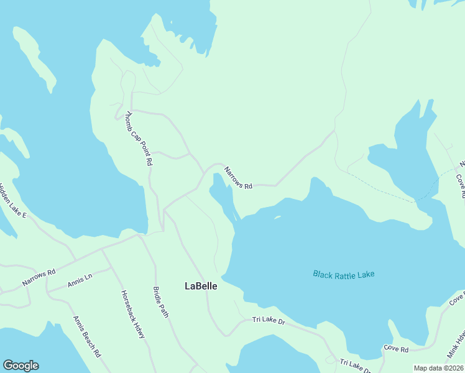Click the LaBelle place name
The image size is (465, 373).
[201, 286]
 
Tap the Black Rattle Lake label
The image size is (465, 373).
[344, 274]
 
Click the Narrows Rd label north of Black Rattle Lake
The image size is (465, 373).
[238, 178]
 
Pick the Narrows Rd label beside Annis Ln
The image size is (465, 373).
[39, 277]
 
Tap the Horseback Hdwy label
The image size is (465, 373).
[132, 315]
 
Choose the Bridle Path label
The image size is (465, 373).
[160, 302]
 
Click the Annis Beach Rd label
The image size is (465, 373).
[87, 337]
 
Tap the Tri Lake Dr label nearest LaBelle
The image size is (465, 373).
[269, 321]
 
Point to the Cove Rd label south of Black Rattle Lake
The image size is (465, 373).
[396, 348]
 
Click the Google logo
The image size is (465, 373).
[21, 366]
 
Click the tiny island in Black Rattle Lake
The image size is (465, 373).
[277, 217]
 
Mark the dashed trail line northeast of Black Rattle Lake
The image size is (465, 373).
[385, 191]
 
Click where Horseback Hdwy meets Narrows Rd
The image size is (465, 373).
[103, 250]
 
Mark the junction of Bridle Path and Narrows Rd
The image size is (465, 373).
[139, 236]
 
